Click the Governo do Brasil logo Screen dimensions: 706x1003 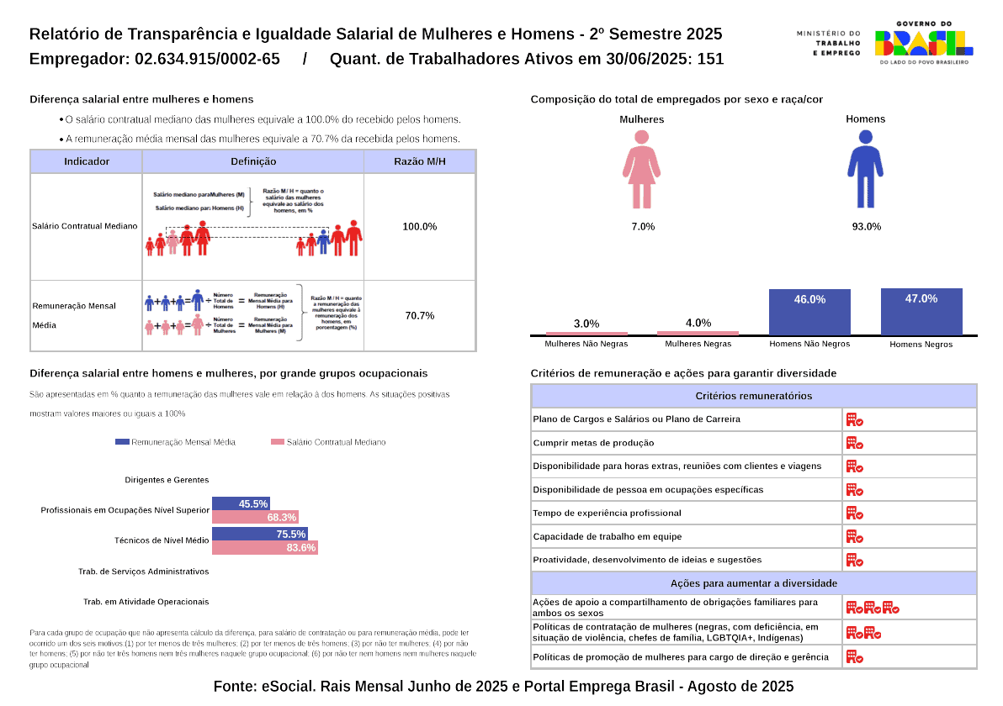tap(924, 43)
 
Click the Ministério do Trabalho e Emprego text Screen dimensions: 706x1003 tap(828, 43)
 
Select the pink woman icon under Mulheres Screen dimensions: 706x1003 tap(641, 169)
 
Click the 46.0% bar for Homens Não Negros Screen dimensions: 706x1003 tap(809, 313)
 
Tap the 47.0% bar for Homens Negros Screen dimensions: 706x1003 tap(921, 312)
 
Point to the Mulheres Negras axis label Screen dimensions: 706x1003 tap(698, 344)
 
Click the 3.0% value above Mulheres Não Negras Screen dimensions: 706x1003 tap(586, 324)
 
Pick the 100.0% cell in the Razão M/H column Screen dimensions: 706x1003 tap(420, 227)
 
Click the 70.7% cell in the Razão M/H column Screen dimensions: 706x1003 tap(420, 316)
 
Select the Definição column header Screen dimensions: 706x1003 tap(253, 161)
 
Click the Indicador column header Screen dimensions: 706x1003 tap(87, 161)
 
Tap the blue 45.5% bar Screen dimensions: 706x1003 tap(241, 503)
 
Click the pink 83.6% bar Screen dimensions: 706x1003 tap(264, 548)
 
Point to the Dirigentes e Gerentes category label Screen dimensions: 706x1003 tap(167, 480)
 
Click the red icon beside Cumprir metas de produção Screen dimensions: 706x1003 tap(854, 443)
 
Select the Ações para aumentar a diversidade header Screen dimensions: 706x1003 tap(753, 583)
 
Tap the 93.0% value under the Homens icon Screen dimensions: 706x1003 tap(867, 227)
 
